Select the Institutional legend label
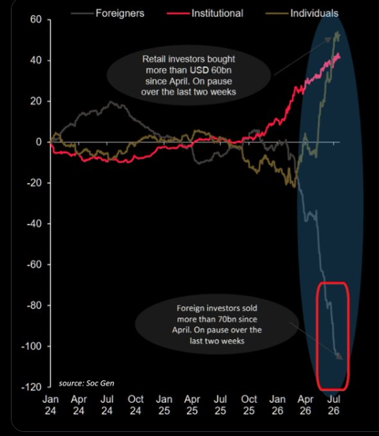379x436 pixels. click(x=217, y=14)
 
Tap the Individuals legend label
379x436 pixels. click(x=314, y=14)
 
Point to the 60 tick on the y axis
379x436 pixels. click(x=36, y=20)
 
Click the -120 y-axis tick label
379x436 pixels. click(x=31, y=387)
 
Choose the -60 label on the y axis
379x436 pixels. click(x=34, y=265)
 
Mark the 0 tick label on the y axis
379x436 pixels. click(x=39, y=142)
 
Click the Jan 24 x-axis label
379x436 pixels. click(x=50, y=405)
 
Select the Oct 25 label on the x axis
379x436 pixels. click(x=249, y=405)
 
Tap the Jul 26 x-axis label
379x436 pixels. click(x=333, y=405)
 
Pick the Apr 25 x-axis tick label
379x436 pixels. click(x=192, y=405)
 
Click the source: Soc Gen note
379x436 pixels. click(x=86, y=384)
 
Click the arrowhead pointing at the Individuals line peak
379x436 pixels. click(x=329, y=39)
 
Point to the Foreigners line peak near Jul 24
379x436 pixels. click(x=111, y=101)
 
